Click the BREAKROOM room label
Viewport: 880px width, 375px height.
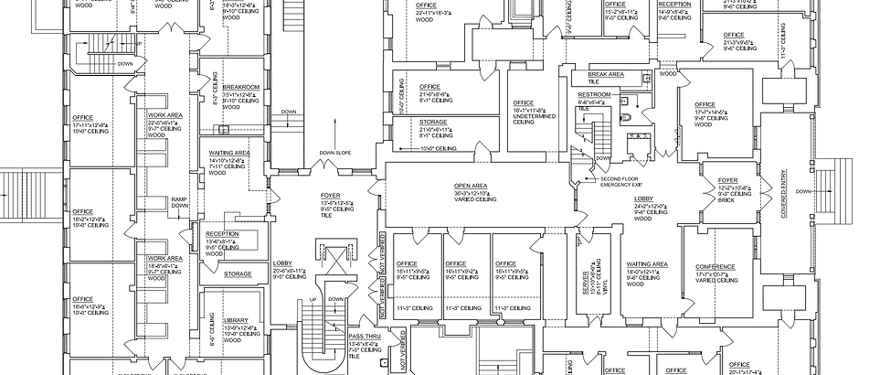pos(241,87)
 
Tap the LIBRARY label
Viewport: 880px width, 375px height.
pos(223,319)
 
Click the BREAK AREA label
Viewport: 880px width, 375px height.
pos(606,73)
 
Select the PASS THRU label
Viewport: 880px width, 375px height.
pos(364,337)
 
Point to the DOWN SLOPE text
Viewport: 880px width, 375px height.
pos(335,152)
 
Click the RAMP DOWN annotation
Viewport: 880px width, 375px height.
pos(180,203)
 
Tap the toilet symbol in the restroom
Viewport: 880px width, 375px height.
pos(627,118)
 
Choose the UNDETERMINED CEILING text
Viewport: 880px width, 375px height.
pos(534,119)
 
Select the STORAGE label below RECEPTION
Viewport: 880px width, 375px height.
pos(238,273)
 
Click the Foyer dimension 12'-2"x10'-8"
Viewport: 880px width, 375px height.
pos(734,187)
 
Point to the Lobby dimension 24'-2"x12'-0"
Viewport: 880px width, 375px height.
pos(643,207)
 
